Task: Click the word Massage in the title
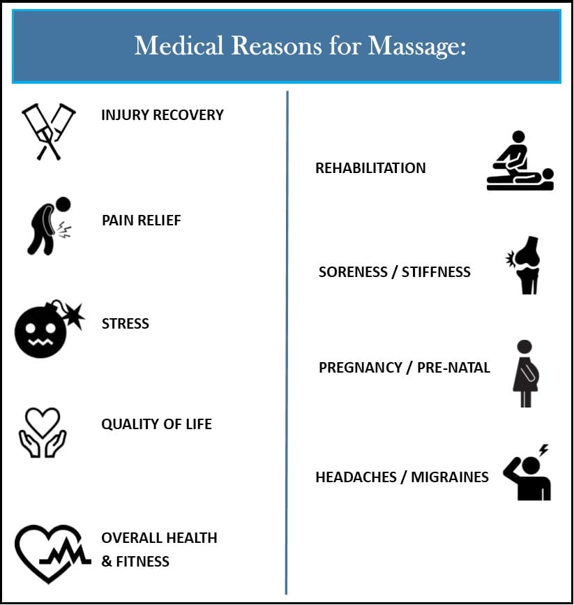click(x=416, y=47)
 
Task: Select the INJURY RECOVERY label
click(x=163, y=115)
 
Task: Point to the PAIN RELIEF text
click(x=141, y=221)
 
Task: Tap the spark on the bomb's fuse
click(x=74, y=315)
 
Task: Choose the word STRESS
click(x=126, y=323)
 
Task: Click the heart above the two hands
click(x=42, y=421)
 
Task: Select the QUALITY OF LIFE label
click(x=157, y=424)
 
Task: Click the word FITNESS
click(x=143, y=562)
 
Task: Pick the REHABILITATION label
click(x=371, y=168)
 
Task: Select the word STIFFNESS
click(x=437, y=272)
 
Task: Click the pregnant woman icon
click(x=525, y=373)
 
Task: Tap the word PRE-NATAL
click(x=453, y=368)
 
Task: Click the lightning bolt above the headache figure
click(x=543, y=450)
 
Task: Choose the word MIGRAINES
click(x=450, y=477)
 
